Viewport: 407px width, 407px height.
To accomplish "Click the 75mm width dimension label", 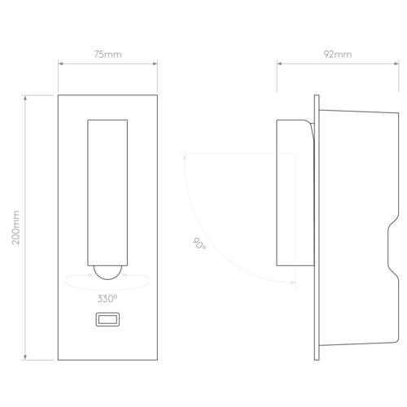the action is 107,55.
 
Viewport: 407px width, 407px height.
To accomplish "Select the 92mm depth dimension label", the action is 338,55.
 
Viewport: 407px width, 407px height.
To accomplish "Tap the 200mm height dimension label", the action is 15,227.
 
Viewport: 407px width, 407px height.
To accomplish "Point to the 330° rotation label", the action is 107,299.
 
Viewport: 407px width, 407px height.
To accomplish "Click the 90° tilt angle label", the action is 199,243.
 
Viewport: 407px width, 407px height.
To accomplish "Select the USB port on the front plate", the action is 107,319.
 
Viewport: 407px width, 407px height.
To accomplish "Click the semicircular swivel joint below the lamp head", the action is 107,273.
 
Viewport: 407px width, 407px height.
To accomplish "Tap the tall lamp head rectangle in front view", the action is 107,193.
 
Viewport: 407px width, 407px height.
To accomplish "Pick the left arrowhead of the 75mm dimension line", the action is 60,63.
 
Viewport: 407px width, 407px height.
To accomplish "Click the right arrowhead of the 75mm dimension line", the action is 155,63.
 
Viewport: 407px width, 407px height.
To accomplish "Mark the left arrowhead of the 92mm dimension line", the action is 279,63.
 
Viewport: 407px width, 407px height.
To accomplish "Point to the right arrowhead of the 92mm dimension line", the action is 396,63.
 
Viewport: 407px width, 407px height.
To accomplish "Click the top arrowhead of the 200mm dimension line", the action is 25,98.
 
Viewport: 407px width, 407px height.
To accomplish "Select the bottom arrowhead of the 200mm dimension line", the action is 25,357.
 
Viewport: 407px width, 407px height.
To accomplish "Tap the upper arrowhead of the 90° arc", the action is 185,156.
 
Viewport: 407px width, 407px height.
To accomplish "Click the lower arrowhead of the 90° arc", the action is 293,282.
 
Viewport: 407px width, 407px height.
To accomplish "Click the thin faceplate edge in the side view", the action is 317,227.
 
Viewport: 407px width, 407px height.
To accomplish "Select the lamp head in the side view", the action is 295,193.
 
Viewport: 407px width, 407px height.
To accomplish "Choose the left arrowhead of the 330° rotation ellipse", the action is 90,275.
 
